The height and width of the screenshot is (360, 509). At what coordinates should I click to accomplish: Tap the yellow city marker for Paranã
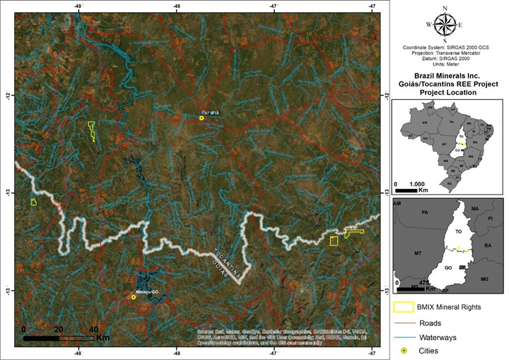(x=201, y=118)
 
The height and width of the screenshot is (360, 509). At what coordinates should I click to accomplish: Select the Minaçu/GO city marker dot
(x=133, y=297)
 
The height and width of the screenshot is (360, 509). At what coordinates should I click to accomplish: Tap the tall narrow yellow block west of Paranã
(x=92, y=131)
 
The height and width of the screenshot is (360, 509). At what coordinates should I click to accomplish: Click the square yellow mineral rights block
(x=334, y=240)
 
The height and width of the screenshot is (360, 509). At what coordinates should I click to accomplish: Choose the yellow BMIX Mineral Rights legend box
(x=404, y=308)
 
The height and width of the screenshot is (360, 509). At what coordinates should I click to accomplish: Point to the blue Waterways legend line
(x=404, y=337)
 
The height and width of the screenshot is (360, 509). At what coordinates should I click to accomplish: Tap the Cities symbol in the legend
(x=404, y=351)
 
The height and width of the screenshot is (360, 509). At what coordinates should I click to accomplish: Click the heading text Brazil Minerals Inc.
(x=446, y=74)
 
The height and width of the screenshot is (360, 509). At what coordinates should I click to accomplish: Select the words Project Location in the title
(x=446, y=92)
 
